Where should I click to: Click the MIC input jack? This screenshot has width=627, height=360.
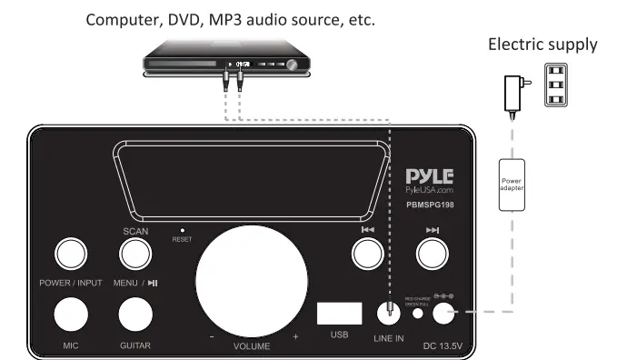(71, 314)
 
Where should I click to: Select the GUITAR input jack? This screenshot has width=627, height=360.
(137, 314)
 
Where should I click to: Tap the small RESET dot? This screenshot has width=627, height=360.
(181, 231)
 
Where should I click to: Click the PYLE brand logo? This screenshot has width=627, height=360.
(429, 175)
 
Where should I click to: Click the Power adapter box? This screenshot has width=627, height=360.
(509, 185)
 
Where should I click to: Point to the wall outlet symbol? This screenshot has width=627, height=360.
(558, 85)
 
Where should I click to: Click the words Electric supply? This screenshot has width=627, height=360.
(543, 44)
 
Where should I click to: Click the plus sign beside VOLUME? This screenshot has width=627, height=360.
(295, 337)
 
